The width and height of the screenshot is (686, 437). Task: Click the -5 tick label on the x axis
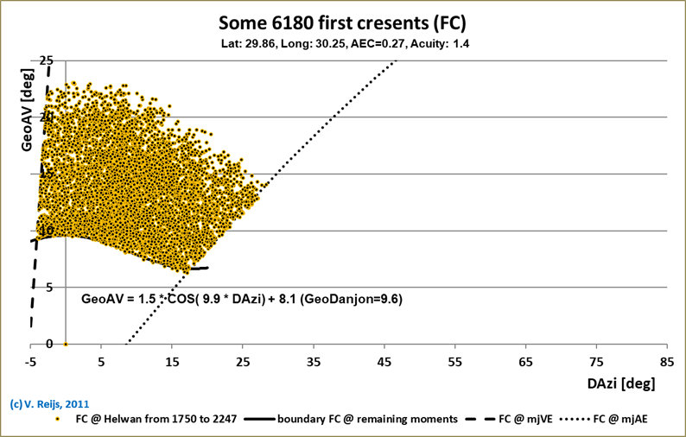pos(31,360)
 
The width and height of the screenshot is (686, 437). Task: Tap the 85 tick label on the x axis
pos(666,360)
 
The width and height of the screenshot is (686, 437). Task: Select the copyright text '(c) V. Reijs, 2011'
pos(48,403)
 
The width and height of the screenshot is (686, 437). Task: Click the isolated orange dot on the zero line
pos(67,344)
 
